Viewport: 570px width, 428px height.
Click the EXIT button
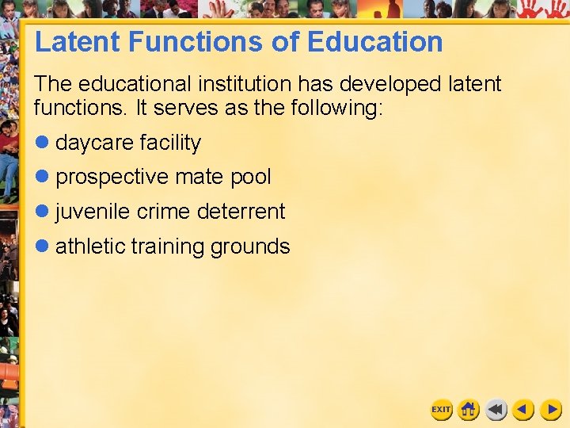pyautogui.click(x=441, y=410)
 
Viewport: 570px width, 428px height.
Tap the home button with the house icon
pyautogui.click(x=469, y=410)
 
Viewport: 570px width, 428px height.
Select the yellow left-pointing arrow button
pyautogui.click(x=523, y=410)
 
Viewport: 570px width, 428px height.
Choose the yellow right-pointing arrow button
pyautogui.click(x=551, y=410)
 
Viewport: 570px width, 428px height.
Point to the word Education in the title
pyautogui.click(x=374, y=42)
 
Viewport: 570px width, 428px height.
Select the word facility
pyautogui.click(x=170, y=143)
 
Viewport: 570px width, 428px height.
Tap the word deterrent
pyautogui.click(x=241, y=212)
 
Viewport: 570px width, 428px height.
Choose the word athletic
pyautogui.click(x=90, y=246)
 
